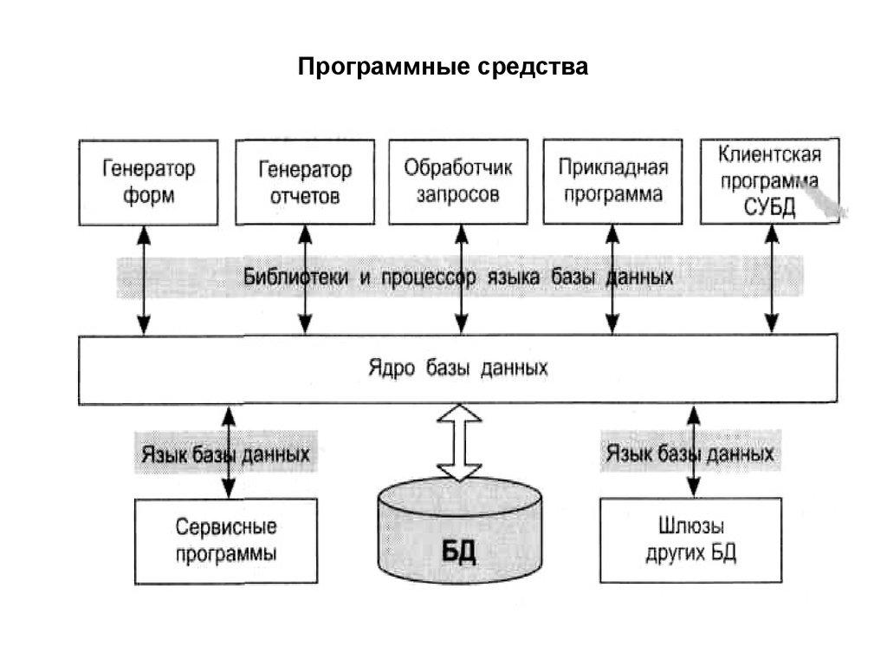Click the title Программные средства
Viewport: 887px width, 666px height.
[x=443, y=67]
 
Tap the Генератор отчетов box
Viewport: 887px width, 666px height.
[x=304, y=182]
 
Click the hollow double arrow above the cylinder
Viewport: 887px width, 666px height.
[x=459, y=442]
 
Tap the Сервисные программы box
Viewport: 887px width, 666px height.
[x=227, y=540]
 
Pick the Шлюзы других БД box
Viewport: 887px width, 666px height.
[x=690, y=539]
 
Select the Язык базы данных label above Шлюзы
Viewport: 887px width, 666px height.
[x=690, y=454]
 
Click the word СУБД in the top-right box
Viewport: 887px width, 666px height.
[x=769, y=208]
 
